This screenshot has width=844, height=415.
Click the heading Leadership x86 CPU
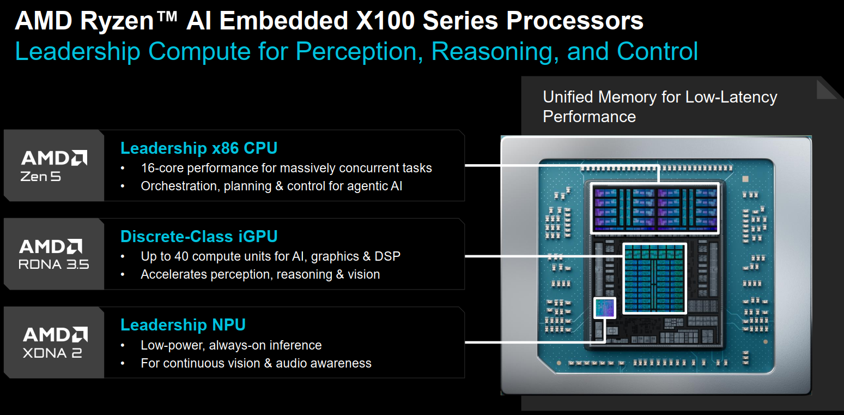[x=199, y=148]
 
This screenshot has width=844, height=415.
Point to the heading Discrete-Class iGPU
[x=199, y=237]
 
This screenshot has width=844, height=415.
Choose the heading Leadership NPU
[x=183, y=325]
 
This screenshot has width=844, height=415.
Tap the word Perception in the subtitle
[x=360, y=51]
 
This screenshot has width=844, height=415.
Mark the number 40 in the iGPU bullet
[x=181, y=256]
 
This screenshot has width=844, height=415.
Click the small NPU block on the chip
[x=604, y=308]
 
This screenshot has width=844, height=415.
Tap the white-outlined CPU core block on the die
[x=655, y=209]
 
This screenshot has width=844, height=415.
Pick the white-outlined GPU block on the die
[x=654, y=279]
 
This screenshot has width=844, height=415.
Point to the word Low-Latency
[x=731, y=97]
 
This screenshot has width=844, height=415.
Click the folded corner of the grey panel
[x=827, y=89]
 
